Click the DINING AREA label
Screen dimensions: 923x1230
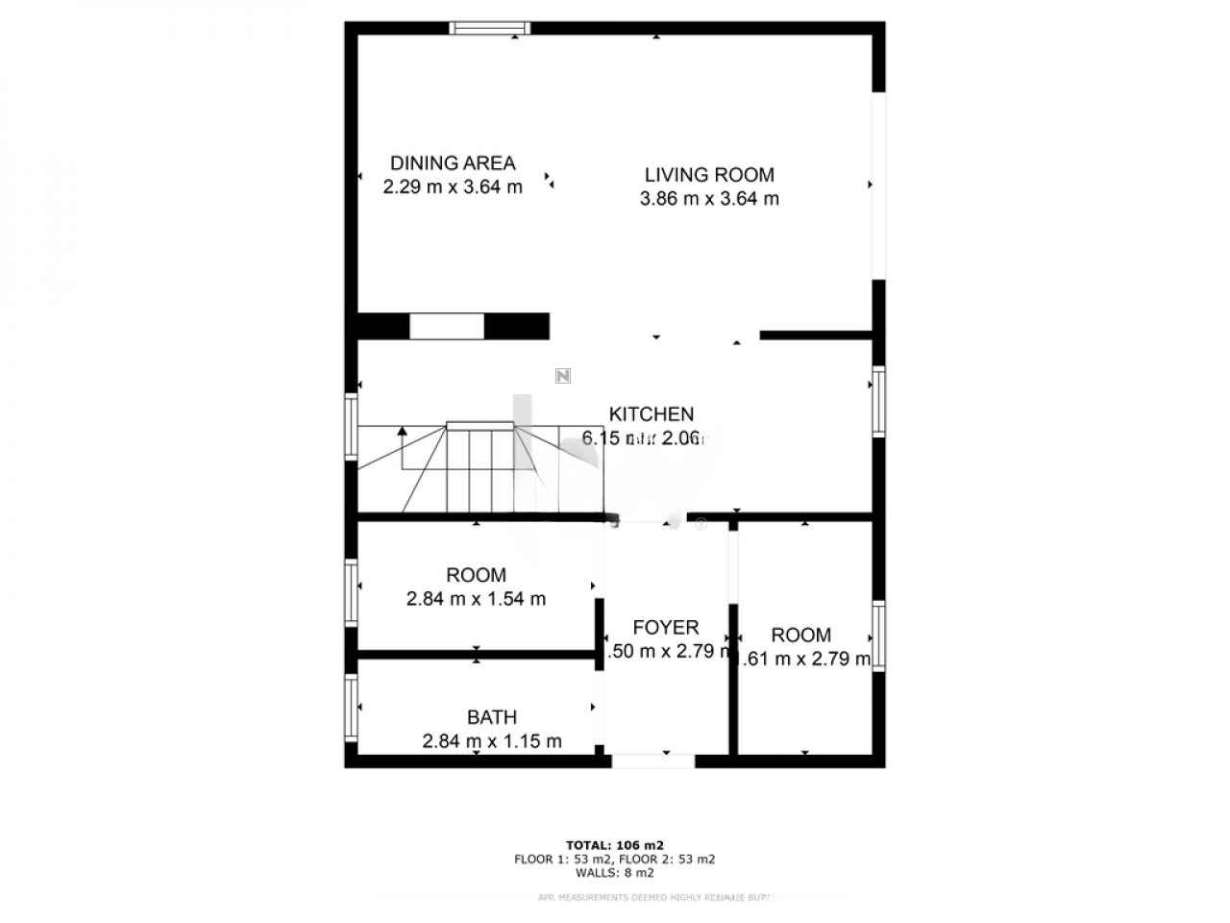pos(453,163)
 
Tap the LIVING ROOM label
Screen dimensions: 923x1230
pos(709,175)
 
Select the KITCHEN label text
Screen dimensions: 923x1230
pos(652,414)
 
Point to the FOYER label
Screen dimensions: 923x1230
pos(666,628)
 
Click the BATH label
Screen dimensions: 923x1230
pos(492,717)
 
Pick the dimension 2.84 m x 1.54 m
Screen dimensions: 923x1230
pos(477,599)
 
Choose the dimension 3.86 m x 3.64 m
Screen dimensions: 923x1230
pos(709,199)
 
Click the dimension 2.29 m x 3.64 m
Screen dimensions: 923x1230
pos(453,187)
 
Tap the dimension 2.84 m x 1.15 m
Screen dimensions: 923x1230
pos(492,741)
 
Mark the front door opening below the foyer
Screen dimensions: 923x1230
pos(653,761)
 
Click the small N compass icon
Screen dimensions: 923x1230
pos(563,376)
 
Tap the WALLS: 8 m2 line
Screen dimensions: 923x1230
pos(615,873)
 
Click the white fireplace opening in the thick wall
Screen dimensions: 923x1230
pos(447,326)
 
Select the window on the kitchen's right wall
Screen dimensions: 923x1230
pos(878,401)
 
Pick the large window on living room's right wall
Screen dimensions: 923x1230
pos(877,186)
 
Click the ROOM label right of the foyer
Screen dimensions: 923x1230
pos(801,635)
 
